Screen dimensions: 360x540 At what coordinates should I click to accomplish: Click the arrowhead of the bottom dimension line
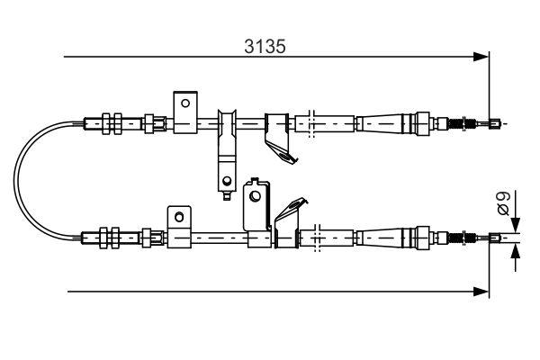[x=481, y=292]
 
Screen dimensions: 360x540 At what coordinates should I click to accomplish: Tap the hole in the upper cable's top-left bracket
[x=185, y=103]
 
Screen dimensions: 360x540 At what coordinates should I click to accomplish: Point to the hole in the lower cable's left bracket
[x=179, y=217]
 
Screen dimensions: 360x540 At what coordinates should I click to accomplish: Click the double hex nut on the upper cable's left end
[x=112, y=121]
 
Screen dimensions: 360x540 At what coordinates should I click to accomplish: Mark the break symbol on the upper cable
[x=310, y=121]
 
